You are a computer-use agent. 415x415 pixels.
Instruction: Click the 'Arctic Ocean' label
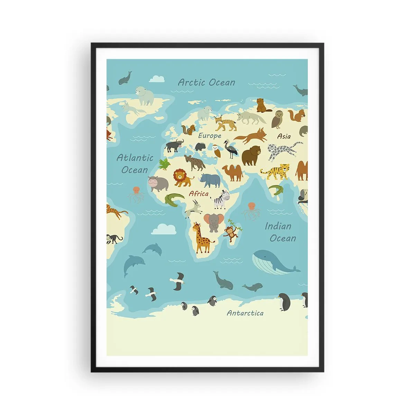coord(206,82)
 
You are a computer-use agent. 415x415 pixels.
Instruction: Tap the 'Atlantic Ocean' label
coord(135,164)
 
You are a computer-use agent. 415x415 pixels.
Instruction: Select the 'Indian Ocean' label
coord(280,232)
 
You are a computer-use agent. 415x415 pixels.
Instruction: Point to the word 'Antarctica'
coord(245,313)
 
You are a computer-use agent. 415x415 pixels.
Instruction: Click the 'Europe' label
coord(210,136)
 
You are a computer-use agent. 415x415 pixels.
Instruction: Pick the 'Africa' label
coord(199,194)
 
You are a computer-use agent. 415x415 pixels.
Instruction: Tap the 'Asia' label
coord(284,136)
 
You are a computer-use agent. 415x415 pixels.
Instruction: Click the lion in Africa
coord(183,177)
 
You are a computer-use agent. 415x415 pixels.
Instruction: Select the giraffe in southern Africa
coord(202,238)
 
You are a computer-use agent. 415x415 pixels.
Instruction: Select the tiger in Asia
coord(276,171)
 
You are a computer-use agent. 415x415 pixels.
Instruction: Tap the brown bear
coord(251,155)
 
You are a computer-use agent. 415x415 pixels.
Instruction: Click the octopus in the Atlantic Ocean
coord(136,194)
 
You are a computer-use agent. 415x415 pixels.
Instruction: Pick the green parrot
coord(165,164)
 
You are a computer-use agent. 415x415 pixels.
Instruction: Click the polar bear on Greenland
coord(145,95)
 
